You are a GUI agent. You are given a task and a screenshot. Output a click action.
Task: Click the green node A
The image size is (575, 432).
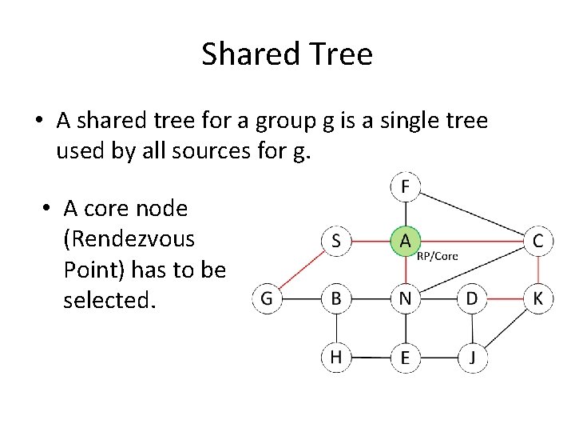pos(405,241)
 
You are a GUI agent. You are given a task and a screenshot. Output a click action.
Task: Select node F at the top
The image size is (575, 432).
pos(405,187)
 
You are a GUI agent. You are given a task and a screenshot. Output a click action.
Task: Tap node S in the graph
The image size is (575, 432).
pos(336,241)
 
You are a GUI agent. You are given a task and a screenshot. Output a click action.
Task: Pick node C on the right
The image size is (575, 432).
pos(538,241)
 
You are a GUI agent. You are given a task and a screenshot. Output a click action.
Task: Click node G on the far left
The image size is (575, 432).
pos(267,299)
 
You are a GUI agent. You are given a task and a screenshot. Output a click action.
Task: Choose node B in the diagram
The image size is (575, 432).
pos(336,299)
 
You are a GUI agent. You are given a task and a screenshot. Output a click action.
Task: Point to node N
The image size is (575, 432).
pos(405,299)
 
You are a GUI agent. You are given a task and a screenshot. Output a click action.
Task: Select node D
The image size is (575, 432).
pos(472,299)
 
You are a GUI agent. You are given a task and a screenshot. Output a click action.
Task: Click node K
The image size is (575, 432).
pos(538,299)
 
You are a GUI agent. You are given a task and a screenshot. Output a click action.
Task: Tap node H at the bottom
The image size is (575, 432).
pos(336,357)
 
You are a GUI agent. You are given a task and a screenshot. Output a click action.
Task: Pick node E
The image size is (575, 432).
pos(405,357)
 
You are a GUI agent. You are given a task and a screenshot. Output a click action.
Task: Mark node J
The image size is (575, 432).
pos(472,357)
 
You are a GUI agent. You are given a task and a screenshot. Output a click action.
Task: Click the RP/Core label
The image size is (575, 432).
pos(438,257)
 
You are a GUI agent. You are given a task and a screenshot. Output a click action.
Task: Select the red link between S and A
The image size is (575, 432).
pos(371,241)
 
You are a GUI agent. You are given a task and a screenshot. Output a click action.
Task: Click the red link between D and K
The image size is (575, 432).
pos(505,299)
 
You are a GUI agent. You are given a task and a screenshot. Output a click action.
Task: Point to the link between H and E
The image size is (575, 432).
pos(371,357)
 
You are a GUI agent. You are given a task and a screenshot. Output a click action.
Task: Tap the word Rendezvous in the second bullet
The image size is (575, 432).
pos(129,239)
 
